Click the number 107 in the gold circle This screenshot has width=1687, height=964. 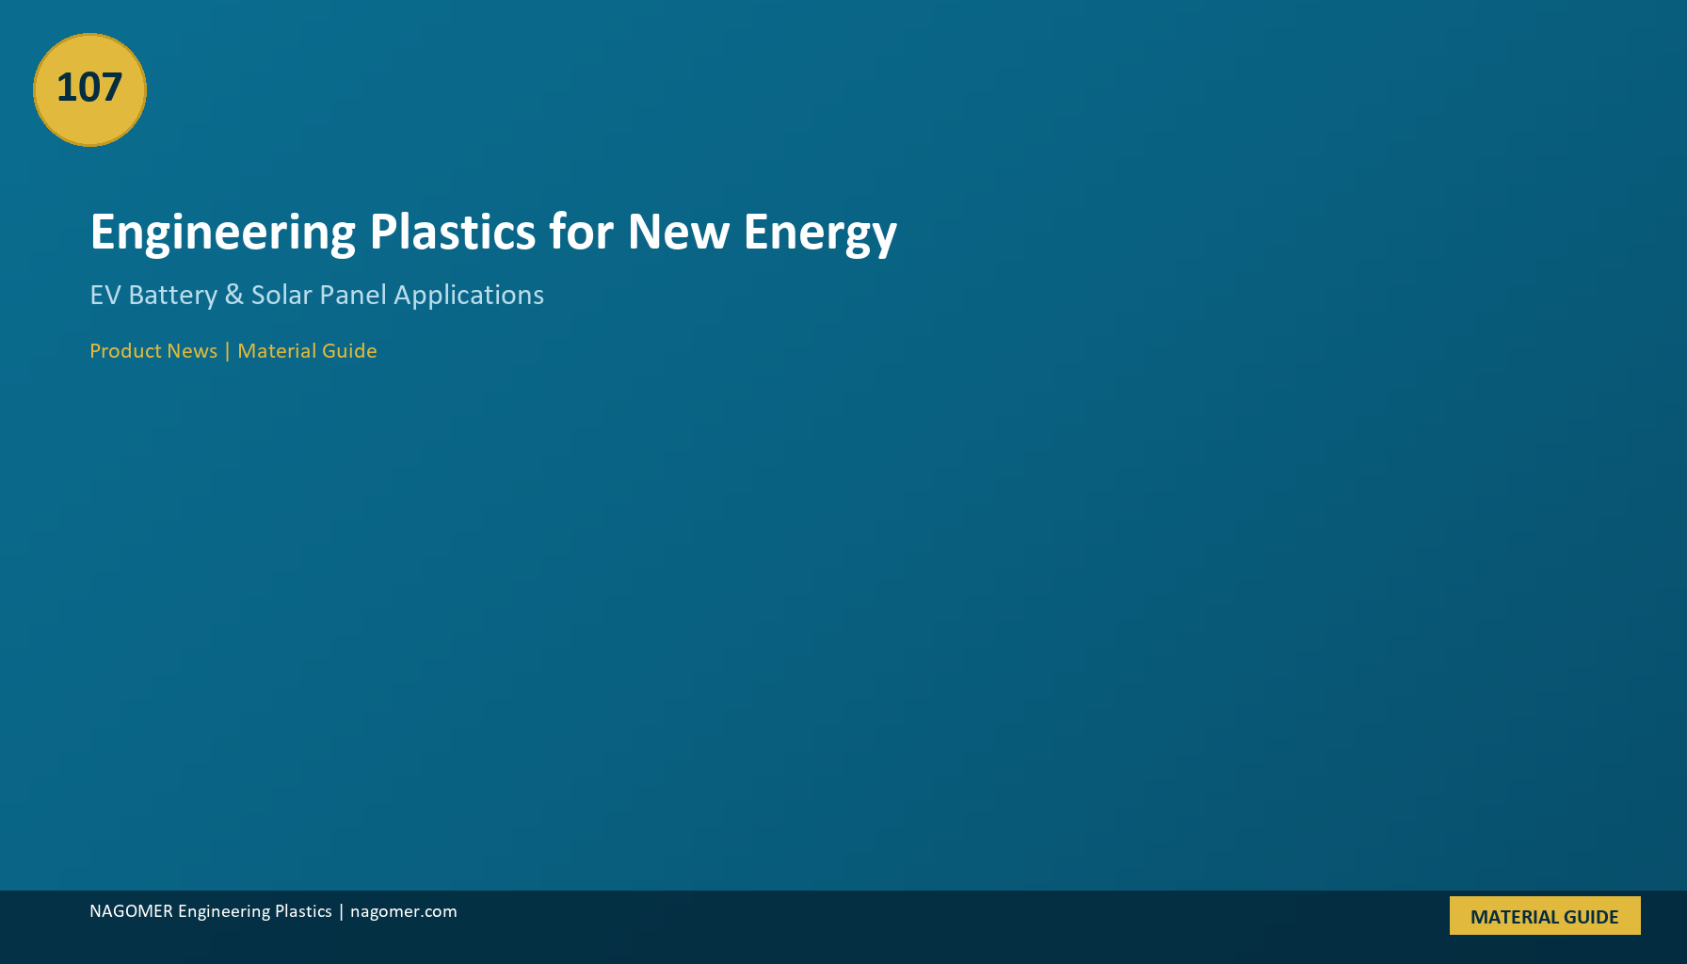pos(89,88)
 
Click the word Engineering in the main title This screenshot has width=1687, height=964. pos(223,233)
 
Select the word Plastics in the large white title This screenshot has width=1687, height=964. pos(453,232)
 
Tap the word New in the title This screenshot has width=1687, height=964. pos(678,232)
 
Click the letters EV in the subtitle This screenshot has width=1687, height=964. pos(105,296)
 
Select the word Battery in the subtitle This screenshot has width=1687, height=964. pos(173,297)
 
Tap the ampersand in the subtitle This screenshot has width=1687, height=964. pos(234,296)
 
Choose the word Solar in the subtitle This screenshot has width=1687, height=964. pos(281,295)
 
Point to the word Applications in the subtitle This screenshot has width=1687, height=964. pos(469,297)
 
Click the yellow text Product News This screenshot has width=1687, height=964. pos(153,351)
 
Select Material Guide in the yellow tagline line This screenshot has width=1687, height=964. pos(307,351)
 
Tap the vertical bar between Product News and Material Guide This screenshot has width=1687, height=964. pos(227,351)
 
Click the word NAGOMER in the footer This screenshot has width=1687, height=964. pos(131,911)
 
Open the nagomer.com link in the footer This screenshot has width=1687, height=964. pos(404,912)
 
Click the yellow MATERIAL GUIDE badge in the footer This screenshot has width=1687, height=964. pos(1545,916)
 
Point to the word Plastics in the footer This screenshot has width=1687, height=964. pos(303,911)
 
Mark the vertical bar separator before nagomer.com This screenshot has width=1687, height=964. pos(341,911)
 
